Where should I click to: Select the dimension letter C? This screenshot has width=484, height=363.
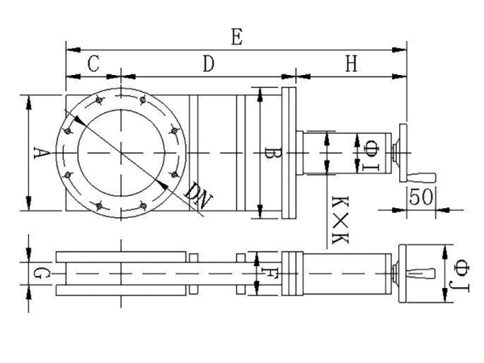coord(94,65)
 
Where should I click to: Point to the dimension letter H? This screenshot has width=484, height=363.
coord(350,65)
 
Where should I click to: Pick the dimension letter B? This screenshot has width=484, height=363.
coord(272,153)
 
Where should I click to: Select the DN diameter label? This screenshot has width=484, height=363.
coord(197,196)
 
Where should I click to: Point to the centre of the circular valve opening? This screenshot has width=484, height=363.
coord(123,152)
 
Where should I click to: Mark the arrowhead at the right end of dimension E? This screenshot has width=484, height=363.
coord(403,50)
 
